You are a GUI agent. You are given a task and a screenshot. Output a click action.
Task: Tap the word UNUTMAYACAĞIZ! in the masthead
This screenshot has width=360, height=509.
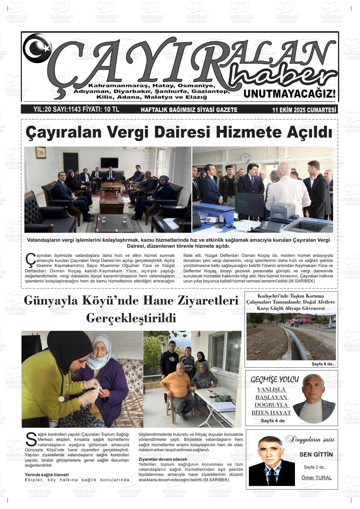pos(290,94)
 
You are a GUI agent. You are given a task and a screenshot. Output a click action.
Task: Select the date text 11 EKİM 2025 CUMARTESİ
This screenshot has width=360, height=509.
pos(304,110)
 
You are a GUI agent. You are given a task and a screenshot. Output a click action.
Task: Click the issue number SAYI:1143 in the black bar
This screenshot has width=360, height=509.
pos(66,109)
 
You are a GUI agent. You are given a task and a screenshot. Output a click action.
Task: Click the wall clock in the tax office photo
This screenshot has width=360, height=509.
pos(246,157)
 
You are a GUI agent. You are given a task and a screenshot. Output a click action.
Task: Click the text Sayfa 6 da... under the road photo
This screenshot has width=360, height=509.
pos(323,364)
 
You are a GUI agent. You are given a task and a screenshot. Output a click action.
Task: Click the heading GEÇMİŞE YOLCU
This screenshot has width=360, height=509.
pos(274,379)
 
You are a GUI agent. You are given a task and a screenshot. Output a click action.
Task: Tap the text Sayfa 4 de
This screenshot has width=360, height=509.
pos(273,421)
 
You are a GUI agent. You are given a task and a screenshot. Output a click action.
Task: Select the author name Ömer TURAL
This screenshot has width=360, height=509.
pos(316,477)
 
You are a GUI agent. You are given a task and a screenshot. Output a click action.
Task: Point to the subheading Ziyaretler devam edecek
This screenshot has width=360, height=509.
pos(163,459)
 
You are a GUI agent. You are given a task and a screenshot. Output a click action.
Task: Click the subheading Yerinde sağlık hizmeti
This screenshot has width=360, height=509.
pos(46,475)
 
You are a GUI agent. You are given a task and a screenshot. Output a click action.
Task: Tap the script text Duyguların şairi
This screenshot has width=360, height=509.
pos(309,439)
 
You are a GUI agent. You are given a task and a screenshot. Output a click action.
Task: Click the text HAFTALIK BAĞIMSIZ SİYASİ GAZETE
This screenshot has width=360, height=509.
pos(189,110)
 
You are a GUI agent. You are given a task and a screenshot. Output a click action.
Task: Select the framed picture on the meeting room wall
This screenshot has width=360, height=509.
pos(41,153)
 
